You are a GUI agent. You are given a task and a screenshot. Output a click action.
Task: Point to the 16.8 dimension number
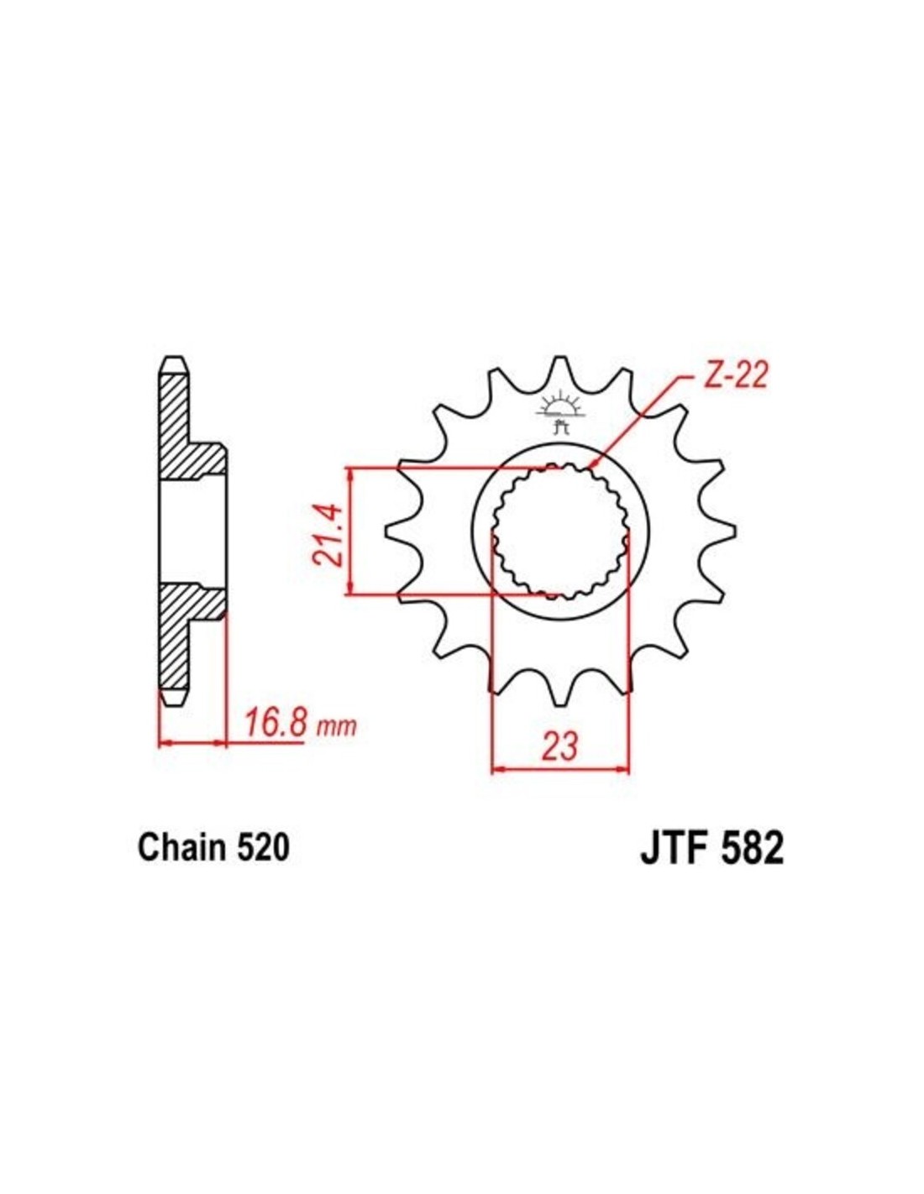(x=275, y=721)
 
